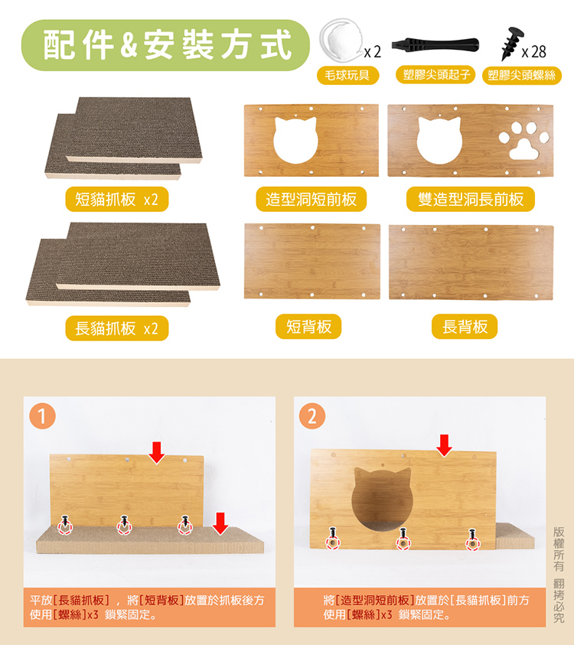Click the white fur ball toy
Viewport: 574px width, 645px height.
click(x=342, y=41)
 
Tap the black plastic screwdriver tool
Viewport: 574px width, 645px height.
click(x=435, y=44)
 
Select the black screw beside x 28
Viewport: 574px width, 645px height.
click(x=512, y=43)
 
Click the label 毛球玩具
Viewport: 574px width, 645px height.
click(x=347, y=75)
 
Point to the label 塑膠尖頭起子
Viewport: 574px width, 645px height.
click(x=435, y=75)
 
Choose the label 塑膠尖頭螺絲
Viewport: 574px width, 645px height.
click(x=522, y=75)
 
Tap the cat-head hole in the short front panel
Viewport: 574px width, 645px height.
click(x=296, y=140)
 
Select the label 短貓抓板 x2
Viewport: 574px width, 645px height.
click(x=117, y=200)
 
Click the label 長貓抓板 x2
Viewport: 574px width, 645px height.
click(x=117, y=328)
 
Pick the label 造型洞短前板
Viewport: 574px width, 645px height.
click(x=311, y=200)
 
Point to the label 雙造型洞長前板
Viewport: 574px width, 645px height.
click(x=471, y=200)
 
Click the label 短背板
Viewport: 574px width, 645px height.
click(x=308, y=327)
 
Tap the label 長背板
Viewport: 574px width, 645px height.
click(x=465, y=327)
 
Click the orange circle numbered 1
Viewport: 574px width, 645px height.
click(x=42, y=416)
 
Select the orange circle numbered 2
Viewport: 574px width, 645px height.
click(x=312, y=416)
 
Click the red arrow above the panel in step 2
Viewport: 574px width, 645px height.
click(x=445, y=445)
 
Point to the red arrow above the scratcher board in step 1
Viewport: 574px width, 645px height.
click(x=220, y=523)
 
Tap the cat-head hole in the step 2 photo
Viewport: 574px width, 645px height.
click(x=382, y=499)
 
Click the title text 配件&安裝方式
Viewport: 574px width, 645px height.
click(x=167, y=45)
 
